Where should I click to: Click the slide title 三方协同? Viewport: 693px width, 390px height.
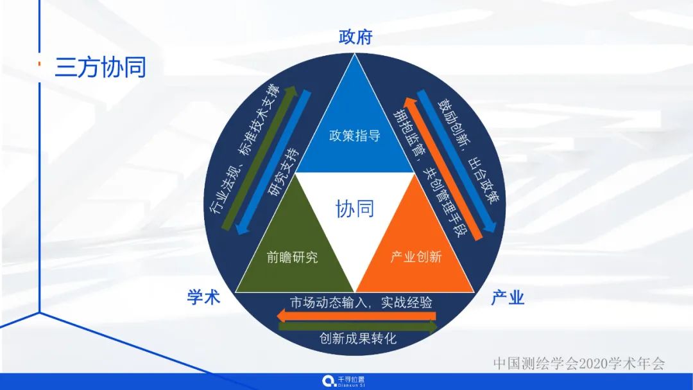point(101,67)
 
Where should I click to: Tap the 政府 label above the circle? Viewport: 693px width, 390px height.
point(355,37)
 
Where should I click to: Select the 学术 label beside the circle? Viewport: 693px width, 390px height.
point(204,297)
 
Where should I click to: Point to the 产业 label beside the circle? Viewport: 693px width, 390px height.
point(508,297)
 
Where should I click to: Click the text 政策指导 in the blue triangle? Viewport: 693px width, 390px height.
point(355,136)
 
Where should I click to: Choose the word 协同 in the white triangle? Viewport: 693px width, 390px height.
point(355,208)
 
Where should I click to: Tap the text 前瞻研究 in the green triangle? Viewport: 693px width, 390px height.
point(293,258)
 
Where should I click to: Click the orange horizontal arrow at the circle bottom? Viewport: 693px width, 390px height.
point(356,315)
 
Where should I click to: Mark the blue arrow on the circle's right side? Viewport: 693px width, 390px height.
point(457,161)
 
